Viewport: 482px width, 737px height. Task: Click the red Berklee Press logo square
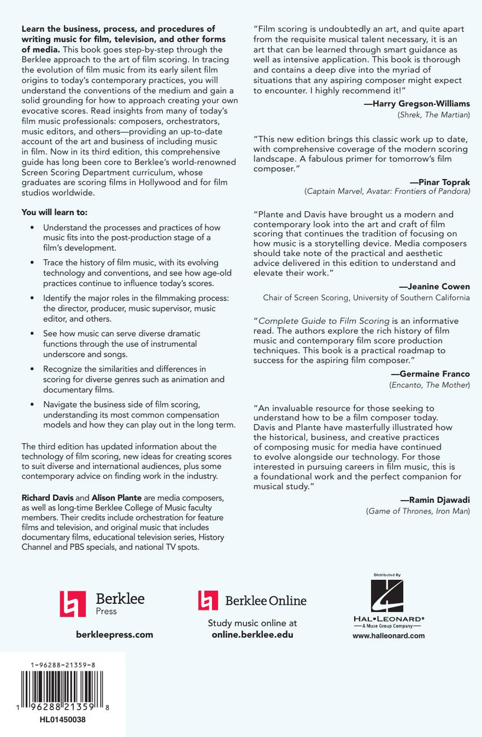pyautogui.click(x=73, y=604)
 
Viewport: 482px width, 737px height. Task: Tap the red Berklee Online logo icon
pyautogui.click(x=208, y=600)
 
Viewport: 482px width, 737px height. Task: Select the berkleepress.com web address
pyautogui.click(x=114, y=634)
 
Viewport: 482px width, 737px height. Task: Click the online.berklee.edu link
pyautogui.click(x=252, y=634)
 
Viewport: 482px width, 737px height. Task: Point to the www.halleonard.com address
pyautogui.click(x=388, y=636)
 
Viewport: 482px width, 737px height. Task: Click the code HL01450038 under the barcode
pyautogui.click(x=62, y=720)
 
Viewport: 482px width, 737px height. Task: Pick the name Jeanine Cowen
pyautogui.click(x=435, y=287)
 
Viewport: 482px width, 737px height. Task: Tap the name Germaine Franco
pyautogui.click(x=430, y=374)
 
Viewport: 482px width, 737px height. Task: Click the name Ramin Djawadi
pyautogui.click(x=435, y=500)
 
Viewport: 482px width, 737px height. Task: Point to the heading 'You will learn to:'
pyautogui.click(x=54, y=212)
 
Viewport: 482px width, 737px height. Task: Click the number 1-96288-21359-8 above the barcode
pyautogui.click(x=62, y=665)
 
